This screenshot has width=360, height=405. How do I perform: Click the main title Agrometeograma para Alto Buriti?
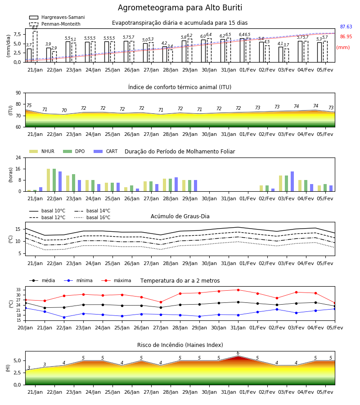click(x=180, y=8)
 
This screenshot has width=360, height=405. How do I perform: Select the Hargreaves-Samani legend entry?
click(x=57, y=17)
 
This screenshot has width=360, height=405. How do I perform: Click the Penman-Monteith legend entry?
click(x=55, y=24)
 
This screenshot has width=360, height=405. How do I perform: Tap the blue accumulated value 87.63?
click(x=346, y=27)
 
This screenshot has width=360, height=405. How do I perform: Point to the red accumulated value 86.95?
click(x=346, y=36)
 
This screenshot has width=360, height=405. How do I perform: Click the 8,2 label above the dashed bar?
click(x=35, y=27)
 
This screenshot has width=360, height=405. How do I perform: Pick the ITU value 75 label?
click(x=29, y=105)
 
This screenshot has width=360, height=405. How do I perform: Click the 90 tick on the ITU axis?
click(x=18, y=93)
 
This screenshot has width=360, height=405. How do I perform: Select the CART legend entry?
click(x=106, y=151)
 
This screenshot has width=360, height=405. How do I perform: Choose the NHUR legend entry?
click(x=42, y=151)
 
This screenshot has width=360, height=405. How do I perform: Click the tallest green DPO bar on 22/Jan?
click(x=54, y=180)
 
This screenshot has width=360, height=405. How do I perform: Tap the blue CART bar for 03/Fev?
click(x=292, y=181)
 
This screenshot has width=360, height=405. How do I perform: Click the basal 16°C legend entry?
click(x=92, y=217)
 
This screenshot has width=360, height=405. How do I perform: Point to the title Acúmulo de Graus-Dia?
click(x=180, y=216)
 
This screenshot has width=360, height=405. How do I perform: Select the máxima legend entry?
click(x=116, y=280)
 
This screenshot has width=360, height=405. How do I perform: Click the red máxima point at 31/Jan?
click(x=238, y=290)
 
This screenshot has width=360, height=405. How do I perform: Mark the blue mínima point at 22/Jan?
click(x=64, y=317)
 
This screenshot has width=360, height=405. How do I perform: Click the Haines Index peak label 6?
click(x=238, y=353)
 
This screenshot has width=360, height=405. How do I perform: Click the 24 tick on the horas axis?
click(x=18, y=157)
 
